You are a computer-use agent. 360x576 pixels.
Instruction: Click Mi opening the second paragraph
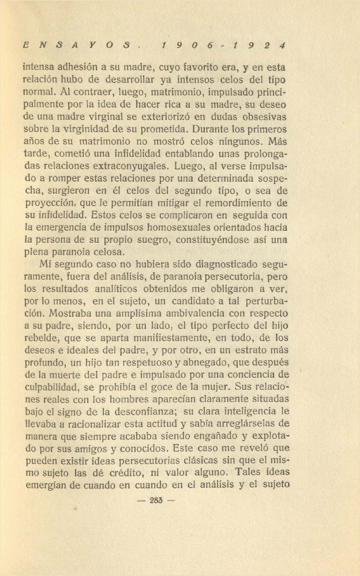[46, 265]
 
